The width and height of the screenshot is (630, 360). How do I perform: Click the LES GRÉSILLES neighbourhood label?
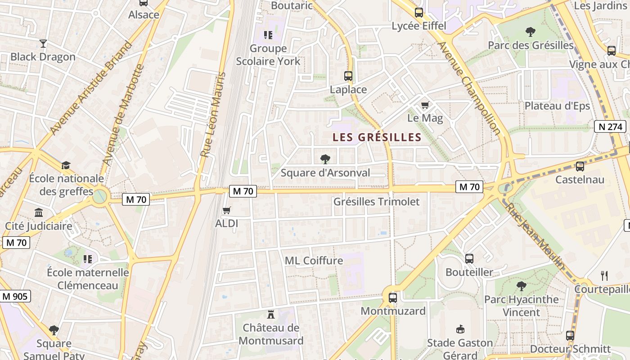pos(377,137)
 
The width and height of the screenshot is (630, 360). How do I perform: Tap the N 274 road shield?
pos(610,126)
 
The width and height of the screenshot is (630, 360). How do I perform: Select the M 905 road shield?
pos(15,296)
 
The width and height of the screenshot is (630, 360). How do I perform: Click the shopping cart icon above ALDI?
pos(227,210)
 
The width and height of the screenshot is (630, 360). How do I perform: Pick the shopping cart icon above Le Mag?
pos(425,105)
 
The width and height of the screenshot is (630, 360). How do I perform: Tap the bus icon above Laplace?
pos(348,76)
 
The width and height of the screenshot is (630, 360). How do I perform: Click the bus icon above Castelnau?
pos(580,166)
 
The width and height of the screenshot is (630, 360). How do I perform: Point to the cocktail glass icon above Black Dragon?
pos(43,44)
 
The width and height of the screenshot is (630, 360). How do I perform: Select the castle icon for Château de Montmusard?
pos(271,314)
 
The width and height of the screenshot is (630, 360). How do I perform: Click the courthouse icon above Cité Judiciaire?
pos(39,212)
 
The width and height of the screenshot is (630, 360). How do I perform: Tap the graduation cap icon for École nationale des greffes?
pos(66,165)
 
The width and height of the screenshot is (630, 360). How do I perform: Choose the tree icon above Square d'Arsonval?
pos(325,159)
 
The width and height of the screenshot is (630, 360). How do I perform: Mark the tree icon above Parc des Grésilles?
pos(531,32)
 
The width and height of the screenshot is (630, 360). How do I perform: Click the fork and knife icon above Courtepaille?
pos(604,275)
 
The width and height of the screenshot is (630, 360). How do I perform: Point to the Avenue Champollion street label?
pos(469,88)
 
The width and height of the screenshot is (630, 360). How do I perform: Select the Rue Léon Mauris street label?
pos(212,114)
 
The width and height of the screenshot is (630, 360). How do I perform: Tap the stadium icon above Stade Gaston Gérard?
pos(460,329)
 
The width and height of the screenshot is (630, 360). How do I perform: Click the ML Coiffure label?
pos(314,261)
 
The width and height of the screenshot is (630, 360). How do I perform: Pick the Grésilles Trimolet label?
pos(376,202)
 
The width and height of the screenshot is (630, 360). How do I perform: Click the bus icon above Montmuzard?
pos(393,297)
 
